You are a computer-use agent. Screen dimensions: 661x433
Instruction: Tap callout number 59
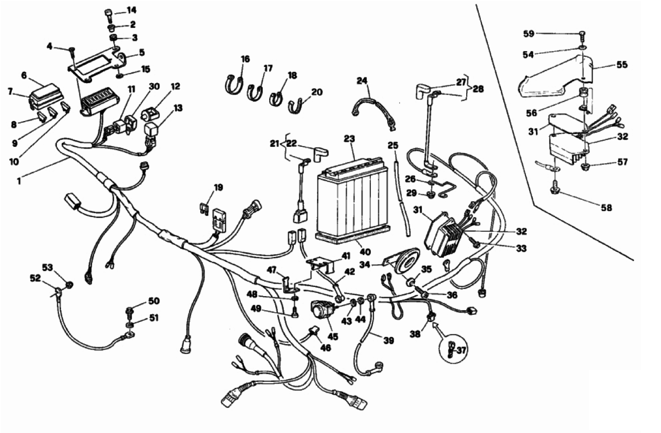coord(529,34)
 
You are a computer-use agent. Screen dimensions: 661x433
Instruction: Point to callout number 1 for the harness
coord(19,181)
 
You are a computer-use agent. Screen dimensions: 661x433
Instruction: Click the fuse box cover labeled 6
coord(44,90)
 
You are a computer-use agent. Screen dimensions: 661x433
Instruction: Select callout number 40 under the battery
coord(365,252)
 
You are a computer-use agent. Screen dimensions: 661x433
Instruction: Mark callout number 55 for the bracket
coord(622,65)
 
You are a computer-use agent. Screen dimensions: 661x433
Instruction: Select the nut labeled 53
coord(69,285)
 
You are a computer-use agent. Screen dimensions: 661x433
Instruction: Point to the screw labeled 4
coord(72,53)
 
